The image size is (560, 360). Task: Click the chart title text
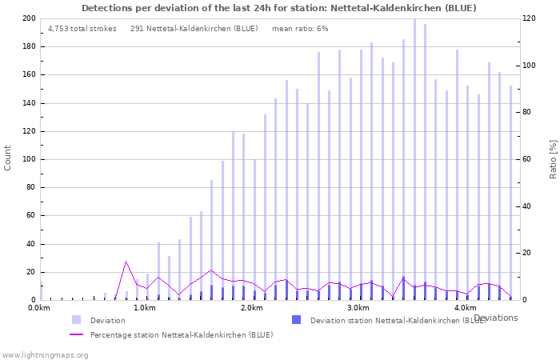(x=279, y=8)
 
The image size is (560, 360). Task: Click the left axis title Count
(x=8, y=158)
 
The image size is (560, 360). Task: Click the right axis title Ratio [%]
(x=552, y=158)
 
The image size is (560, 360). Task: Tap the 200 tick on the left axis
(x=28, y=18)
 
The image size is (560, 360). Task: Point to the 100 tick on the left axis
(x=28, y=159)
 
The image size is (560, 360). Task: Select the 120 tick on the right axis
(x=530, y=18)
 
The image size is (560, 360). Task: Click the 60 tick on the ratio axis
(x=528, y=159)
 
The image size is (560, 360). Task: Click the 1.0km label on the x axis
(x=145, y=308)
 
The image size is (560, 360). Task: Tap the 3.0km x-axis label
(x=358, y=308)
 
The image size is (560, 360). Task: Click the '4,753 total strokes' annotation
(x=82, y=29)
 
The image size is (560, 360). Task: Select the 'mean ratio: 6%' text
(x=300, y=29)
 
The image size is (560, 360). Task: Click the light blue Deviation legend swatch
(x=76, y=320)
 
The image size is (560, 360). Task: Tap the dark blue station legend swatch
(x=296, y=320)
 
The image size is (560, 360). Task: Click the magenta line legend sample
(x=76, y=334)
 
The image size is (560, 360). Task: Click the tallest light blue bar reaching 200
(x=414, y=160)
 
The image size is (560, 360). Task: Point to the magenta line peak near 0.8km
(x=126, y=262)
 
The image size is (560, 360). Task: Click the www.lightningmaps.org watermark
(x=45, y=354)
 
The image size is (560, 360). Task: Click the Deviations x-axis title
(x=495, y=318)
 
